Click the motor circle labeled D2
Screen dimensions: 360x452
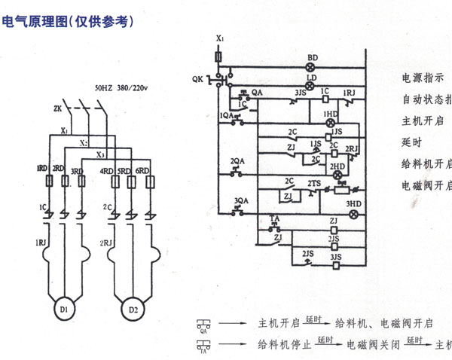point(133,309)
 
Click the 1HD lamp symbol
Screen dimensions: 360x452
point(329,122)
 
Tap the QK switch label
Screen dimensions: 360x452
point(197,78)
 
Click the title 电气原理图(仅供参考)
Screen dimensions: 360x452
point(69,23)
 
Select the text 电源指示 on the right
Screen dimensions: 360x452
point(423,78)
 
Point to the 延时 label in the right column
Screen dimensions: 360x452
point(412,142)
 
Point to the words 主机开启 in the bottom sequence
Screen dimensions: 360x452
point(280,324)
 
